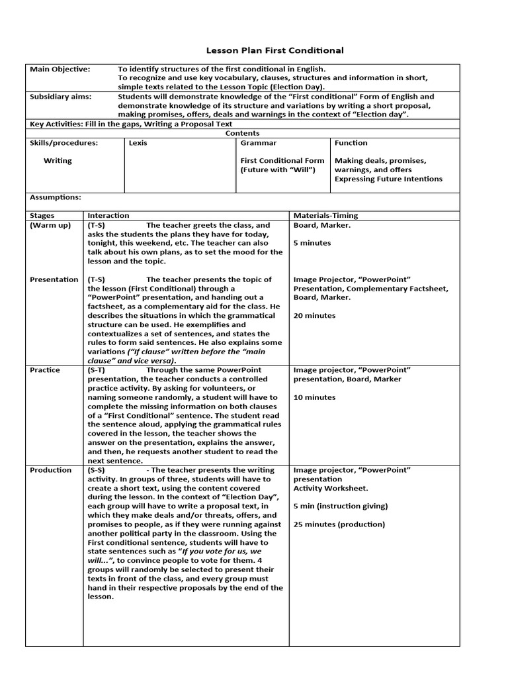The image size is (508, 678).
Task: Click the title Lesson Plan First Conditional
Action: coord(266,50)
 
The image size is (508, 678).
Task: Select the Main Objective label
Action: coord(60,69)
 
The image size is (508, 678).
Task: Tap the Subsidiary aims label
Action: coord(61,97)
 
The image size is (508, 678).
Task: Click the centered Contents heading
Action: coord(242,133)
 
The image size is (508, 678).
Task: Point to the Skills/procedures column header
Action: coord(63,143)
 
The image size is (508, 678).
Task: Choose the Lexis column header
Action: coord(138,143)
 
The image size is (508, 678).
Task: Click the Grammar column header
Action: coord(258,143)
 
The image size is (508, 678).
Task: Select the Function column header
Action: coord(351,143)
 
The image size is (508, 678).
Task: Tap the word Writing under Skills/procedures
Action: coord(58,161)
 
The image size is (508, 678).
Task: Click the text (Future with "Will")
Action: coord(278,169)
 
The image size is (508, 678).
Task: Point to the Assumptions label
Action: coord(56,197)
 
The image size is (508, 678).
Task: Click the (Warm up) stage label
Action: coord(50,225)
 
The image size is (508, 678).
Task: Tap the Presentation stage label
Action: coord(54,279)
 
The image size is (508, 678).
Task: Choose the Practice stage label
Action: coord(45,370)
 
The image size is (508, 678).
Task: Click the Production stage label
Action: coord(51,470)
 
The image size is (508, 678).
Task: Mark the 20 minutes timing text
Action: coord(314,316)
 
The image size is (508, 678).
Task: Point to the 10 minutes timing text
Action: coord(314,397)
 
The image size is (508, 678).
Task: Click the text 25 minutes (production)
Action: coord(339,524)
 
